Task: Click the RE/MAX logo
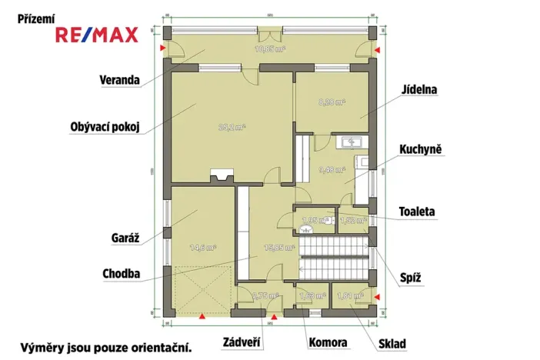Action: [x=96, y=35]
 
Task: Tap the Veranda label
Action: [x=119, y=80]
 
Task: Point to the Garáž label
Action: [x=124, y=238]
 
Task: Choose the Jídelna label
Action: [x=418, y=90]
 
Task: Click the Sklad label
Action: [x=393, y=343]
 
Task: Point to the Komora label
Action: [x=328, y=343]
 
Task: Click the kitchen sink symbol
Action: [x=355, y=142]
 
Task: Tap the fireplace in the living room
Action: [x=222, y=176]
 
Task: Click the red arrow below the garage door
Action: [x=202, y=315]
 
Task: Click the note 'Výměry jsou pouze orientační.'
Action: [x=105, y=348]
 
